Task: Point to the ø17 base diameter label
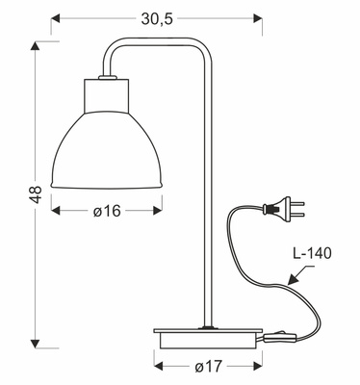(x=209, y=367)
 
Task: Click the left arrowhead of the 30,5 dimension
(x=54, y=17)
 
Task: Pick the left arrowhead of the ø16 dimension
(x=56, y=211)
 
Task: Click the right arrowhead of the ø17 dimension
(x=259, y=367)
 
